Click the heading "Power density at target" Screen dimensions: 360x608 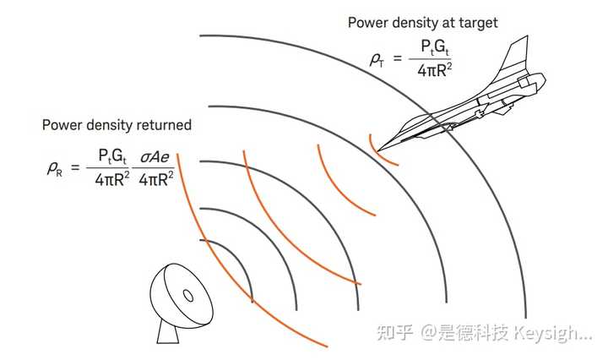coord(421,23)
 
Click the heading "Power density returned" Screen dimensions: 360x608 coord(117,125)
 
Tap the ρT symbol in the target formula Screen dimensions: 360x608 coord(376,60)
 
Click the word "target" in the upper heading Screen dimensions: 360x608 coord(476,23)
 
